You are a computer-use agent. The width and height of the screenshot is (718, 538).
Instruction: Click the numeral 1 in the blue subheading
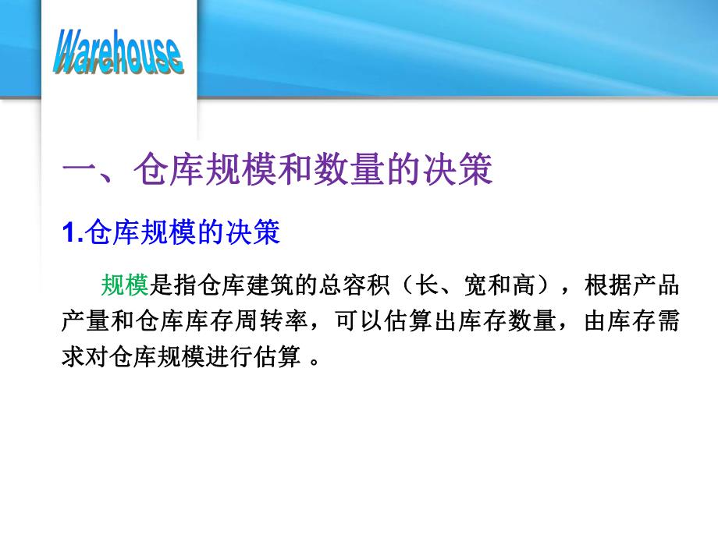point(66,233)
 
